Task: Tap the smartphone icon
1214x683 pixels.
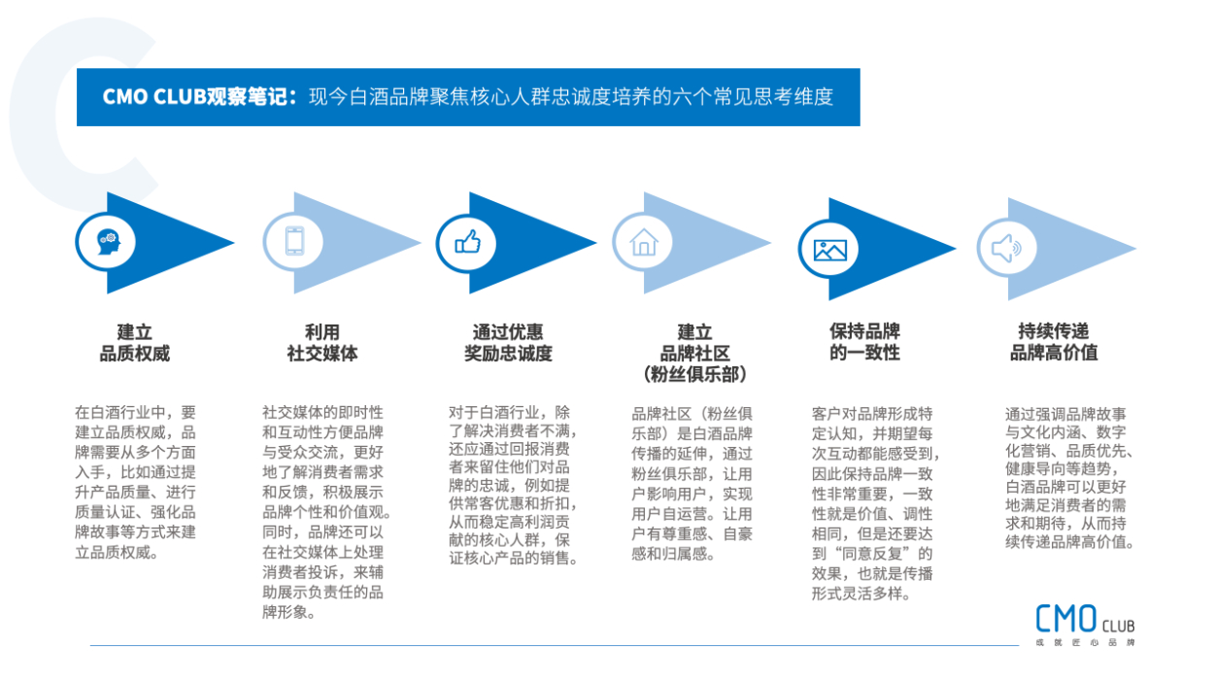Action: click(x=294, y=241)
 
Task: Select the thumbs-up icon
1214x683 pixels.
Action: click(x=468, y=242)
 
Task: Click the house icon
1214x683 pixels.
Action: click(x=643, y=242)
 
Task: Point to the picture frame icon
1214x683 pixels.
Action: click(x=829, y=250)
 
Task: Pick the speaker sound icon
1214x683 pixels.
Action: click(x=1006, y=249)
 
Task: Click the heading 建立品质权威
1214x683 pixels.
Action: click(x=134, y=343)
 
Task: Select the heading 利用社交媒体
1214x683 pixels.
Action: click(x=321, y=343)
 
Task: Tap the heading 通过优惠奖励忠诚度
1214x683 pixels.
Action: click(x=508, y=343)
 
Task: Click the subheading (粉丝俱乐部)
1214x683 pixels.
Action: click(x=694, y=374)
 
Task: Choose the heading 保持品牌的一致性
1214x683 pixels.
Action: click(x=864, y=342)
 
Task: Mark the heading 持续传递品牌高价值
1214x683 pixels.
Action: click(x=1054, y=342)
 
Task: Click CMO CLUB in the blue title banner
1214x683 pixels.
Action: click(x=154, y=97)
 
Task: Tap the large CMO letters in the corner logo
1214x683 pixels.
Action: click(x=1066, y=619)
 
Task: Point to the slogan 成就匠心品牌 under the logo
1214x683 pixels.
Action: click(x=1085, y=643)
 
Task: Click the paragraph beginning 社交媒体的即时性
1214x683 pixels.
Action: click(x=326, y=512)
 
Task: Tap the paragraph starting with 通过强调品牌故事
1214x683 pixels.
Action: click(x=1070, y=478)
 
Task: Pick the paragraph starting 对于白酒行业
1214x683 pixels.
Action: click(x=513, y=485)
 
